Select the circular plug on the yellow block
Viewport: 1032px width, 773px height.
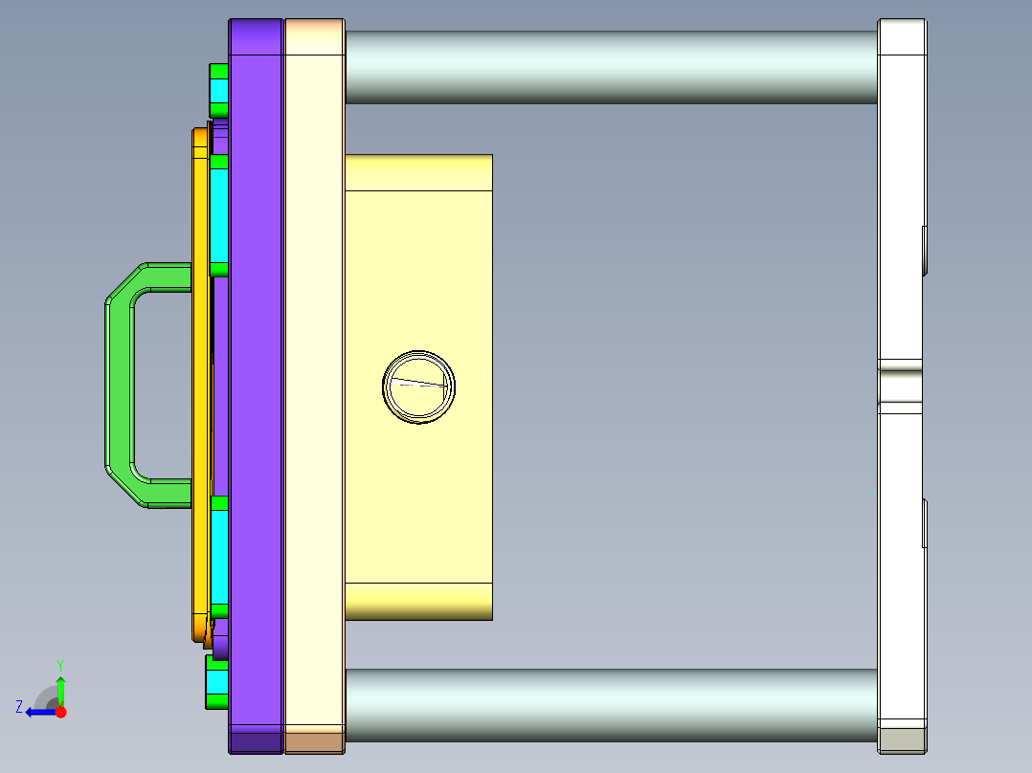tap(418, 386)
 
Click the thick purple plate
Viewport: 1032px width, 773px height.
tap(256, 383)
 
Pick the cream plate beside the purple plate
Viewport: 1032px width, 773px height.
tap(314, 383)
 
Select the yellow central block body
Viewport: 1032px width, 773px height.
tap(418, 497)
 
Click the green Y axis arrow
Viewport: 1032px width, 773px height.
tap(60, 688)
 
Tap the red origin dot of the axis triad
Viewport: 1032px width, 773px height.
tap(60, 712)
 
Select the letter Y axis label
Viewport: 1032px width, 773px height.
tap(59, 664)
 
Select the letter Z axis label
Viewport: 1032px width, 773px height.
tap(19, 706)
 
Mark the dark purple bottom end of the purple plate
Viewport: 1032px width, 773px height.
tap(256, 741)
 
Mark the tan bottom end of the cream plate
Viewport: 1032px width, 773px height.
tap(314, 741)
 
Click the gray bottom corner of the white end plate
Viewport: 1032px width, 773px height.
tap(902, 740)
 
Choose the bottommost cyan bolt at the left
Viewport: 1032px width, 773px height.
tap(217, 682)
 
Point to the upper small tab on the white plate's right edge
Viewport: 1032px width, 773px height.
tap(924, 250)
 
